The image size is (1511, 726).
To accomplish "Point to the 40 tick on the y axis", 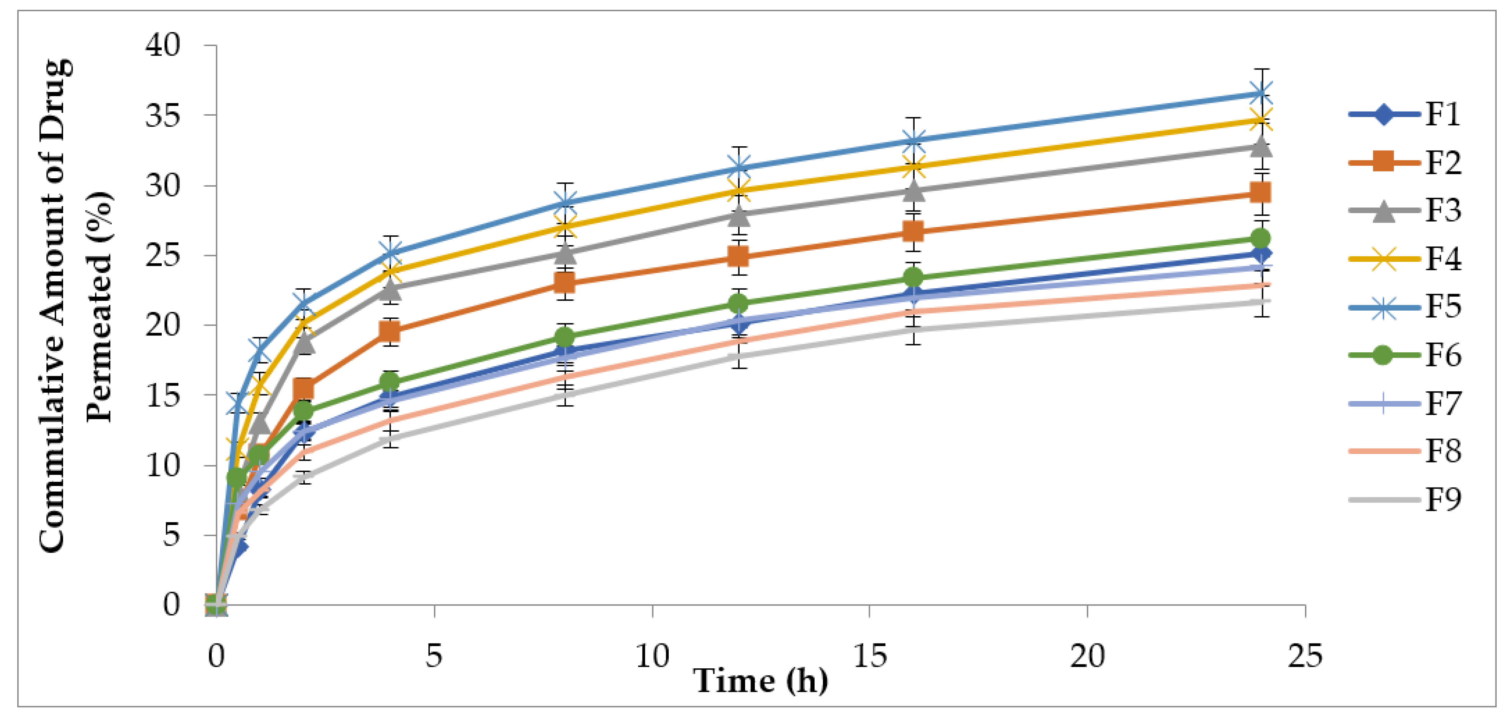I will pyautogui.click(x=163, y=45).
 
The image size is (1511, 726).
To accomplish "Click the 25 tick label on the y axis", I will pyautogui.click(x=163, y=255).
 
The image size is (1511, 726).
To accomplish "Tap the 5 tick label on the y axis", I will pyautogui.click(x=171, y=535).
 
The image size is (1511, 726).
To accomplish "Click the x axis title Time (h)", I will pyautogui.click(x=761, y=681).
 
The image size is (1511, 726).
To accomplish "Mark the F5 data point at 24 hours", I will pyautogui.click(x=1260, y=93).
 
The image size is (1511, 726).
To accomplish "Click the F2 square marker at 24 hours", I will pyautogui.click(x=1260, y=192).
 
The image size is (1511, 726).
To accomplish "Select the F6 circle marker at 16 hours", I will pyautogui.click(x=913, y=277).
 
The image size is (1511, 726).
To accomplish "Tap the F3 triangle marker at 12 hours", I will pyautogui.click(x=739, y=215).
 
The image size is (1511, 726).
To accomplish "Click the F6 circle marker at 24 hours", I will pyautogui.click(x=1260, y=238).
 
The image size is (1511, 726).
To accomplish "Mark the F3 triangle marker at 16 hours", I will pyautogui.click(x=913, y=191).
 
